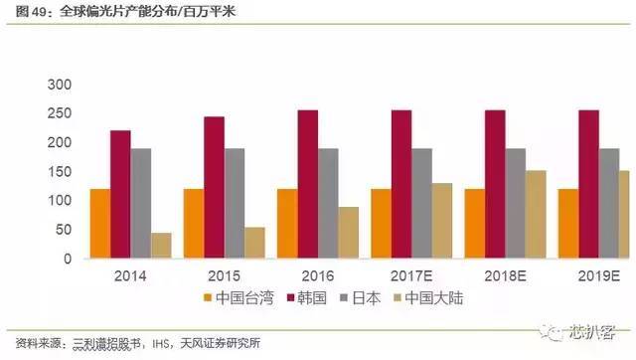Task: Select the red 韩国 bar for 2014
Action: [120, 194]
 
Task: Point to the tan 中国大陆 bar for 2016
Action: [347, 233]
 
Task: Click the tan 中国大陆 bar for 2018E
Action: [536, 214]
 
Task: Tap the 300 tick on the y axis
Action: [62, 85]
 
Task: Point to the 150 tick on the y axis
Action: [62, 172]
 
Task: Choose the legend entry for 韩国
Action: [312, 296]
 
